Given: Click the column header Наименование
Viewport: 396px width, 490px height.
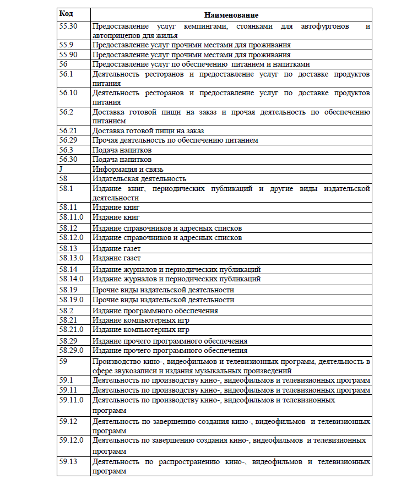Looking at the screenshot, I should [x=231, y=15].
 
